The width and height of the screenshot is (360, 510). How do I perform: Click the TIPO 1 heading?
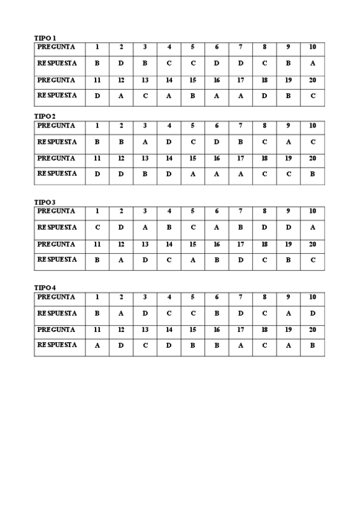[46, 38]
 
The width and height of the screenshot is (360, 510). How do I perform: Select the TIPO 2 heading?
[46, 116]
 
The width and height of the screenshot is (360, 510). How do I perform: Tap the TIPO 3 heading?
[46, 202]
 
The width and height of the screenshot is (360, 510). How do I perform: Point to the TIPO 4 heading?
[46, 287]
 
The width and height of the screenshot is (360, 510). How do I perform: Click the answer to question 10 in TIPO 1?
[313, 63]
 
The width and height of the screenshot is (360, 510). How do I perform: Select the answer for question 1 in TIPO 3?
[97, 227]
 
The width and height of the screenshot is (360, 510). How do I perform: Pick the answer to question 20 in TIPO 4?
[313, 345]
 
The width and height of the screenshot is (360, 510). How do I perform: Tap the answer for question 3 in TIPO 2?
[145, 142]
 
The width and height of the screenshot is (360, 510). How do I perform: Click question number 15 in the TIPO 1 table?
[193, 80]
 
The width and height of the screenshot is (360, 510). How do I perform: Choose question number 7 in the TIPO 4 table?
[240, 297]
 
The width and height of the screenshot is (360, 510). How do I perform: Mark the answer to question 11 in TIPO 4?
[97, 345]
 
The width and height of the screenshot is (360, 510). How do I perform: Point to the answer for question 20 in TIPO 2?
[313, 174]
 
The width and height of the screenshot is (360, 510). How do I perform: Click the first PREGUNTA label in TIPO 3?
[56, 211]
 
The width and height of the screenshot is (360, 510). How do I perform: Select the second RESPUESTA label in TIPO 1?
[57, 95]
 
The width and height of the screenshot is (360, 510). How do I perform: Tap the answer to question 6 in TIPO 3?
[216, 227]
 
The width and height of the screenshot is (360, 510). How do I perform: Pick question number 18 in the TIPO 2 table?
[264, 159]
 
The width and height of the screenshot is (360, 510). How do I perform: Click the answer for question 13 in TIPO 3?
[145, 260]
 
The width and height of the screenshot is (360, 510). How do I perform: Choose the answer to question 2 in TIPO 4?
[121, 313]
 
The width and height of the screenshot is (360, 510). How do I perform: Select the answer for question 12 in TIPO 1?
[121, 96]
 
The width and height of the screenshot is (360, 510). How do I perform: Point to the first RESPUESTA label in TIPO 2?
[57, 142]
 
